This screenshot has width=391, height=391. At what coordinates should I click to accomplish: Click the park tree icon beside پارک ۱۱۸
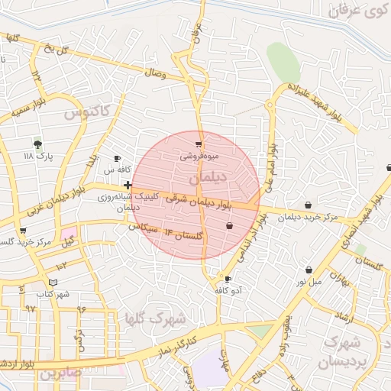click(38, 144)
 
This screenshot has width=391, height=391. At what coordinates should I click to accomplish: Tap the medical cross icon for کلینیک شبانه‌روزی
click(127, 185)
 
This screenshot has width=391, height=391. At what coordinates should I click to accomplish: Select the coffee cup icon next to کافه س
click(117, 158)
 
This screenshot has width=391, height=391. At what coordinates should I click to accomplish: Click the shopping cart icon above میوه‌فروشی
click(199, 144)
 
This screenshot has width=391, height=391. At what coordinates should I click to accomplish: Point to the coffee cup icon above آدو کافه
click(227, 279)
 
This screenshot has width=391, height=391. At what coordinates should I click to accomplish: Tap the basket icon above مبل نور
click(309, 270)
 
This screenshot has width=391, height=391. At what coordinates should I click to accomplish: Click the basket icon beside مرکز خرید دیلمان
click(307, 205)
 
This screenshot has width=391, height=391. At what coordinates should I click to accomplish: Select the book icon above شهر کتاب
click(52, 282)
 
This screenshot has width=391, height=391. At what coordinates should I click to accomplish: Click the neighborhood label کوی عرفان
click(357, 11)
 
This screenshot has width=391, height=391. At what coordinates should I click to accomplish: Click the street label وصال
click(154, 73)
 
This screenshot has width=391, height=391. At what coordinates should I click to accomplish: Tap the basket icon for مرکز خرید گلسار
click(23, 231)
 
